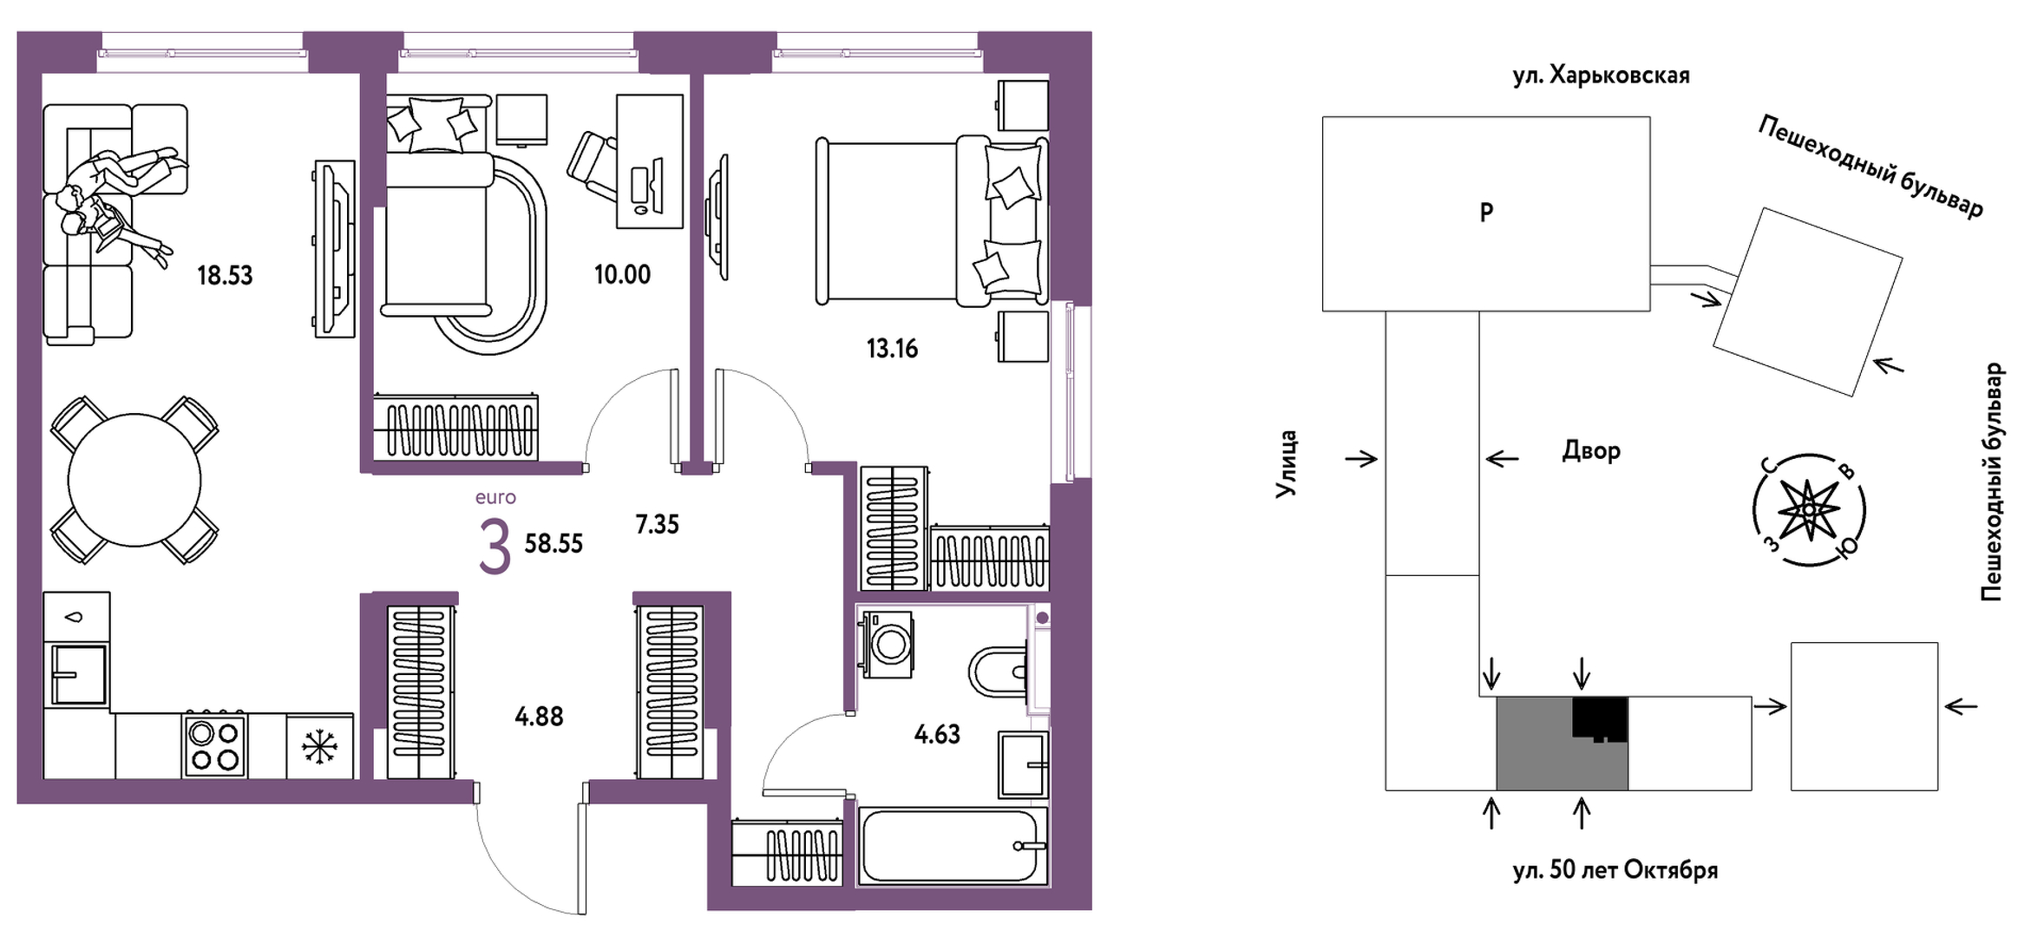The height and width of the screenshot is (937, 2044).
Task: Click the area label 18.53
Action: click(225, 276)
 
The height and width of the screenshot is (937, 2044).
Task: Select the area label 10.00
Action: click(622, 275)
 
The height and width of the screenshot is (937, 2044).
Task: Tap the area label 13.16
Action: click(892, 349)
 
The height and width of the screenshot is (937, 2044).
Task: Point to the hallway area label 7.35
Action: click(657, 524)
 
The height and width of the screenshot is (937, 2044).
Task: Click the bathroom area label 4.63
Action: click(937, 735)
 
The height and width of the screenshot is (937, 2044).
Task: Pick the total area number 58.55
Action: click(554, 544)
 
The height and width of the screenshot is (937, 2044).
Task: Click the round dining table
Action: click(134, 480)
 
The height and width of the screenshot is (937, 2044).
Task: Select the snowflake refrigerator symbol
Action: click(319, 747)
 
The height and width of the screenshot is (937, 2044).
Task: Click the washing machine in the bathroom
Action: click(887, 643)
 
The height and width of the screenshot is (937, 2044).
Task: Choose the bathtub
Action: click(953, 847)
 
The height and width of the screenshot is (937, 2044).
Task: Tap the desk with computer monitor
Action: click(650, 161)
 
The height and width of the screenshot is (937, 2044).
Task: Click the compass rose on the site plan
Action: click(1808, 510)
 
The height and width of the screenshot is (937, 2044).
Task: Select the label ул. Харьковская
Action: click(1601, 75)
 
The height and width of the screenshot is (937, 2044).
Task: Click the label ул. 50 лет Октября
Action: click(1615, 870)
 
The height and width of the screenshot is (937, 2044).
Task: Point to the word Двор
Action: click(1591, 451)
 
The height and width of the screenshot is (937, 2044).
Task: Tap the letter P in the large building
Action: click(1486, 213)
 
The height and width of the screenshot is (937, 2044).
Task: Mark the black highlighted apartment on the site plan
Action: click(1600, 717)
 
